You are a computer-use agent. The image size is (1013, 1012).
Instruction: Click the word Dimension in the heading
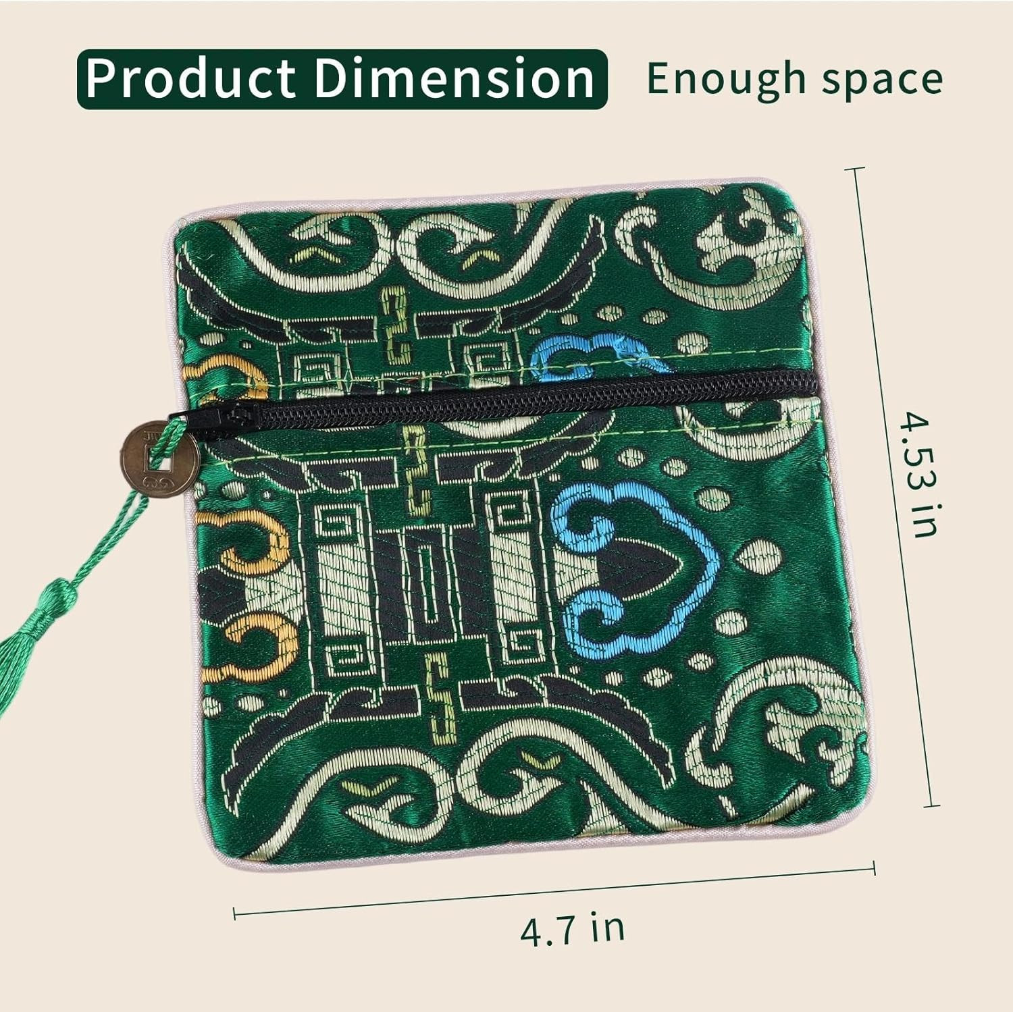pyautogui.click(x=454, y=78)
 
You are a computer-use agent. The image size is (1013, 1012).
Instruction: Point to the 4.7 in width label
pyautogui.click(x=572, y=927)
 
